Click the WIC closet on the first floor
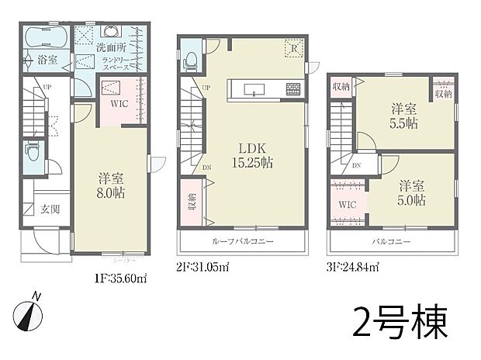[119, 102]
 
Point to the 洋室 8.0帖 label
[110, 185]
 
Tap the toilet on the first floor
[30, 150]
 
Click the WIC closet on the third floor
[346, 204]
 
